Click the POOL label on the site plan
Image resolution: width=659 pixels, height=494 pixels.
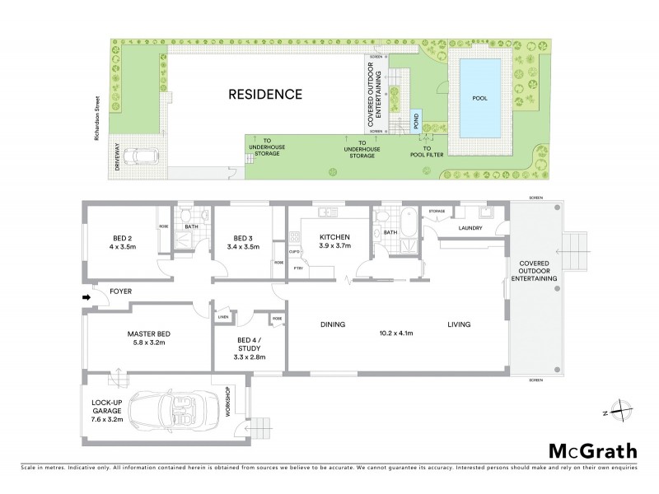pyautogui.click(x=479, y=97)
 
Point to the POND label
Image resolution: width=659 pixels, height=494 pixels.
pyautogui.click(x=415, y=121)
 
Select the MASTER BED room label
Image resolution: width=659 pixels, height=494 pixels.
pyautogui.click(x=148, y=333)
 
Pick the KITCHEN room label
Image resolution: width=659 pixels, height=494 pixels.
pyautogui.click(x=334, y=236)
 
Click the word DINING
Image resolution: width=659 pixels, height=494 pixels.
pyautogui.click(x=332, y=324)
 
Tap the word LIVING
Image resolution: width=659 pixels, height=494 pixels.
pyautogui.click(x=459, y=324)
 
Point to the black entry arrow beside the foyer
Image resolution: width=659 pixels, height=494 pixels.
pyautogui.click(x=86, y=297)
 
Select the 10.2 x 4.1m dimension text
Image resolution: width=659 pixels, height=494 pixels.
pyautogui.click(x=396, y=334)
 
